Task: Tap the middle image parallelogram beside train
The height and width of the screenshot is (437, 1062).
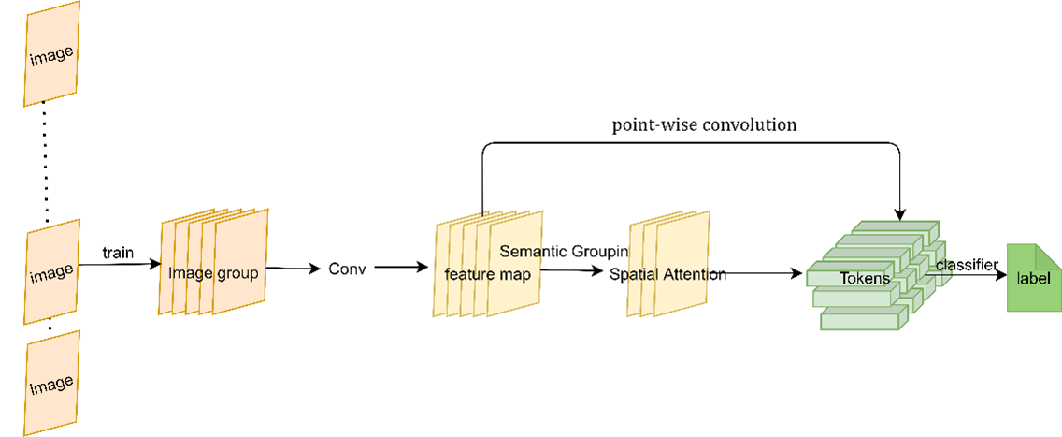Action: (51, 271)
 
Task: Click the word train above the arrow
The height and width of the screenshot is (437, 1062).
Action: (117, 254)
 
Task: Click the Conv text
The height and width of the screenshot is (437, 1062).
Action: (346, 269)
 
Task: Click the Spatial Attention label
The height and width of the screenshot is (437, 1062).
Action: (667, 274)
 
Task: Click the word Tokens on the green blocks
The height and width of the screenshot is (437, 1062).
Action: (865, 278)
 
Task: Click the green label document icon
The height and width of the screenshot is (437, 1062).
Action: (1033, 278)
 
